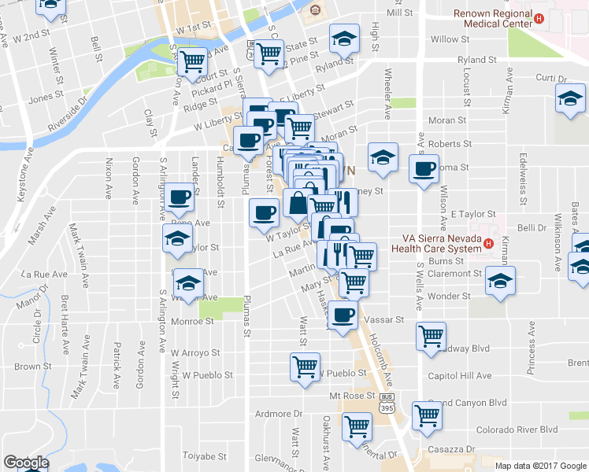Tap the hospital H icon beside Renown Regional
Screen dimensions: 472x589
pos(539,19)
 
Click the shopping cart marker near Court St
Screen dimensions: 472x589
pos(191,61)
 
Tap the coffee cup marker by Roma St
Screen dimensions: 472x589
pos(424,168)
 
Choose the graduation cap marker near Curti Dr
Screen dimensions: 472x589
pos(569,100)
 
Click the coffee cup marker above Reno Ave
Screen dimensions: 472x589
pos(179,198)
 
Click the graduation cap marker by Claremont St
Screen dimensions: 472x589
pos(499,281)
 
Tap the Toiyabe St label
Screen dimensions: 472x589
pos(206,456)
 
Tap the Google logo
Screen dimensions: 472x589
pos(26,463)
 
